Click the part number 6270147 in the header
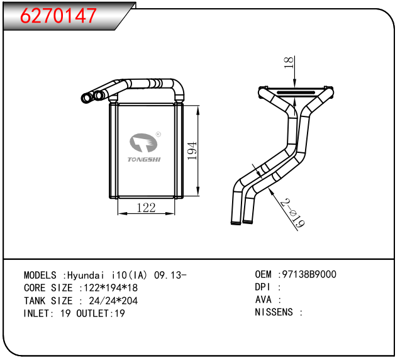pos(59,16)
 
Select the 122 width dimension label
pos(146,208)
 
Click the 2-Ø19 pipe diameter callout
pos(291,214)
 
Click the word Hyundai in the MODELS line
pos(87,276)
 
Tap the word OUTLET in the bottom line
pos(93,313)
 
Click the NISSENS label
pos(275,312)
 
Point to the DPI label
pos(262,287)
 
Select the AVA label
pos(262,300)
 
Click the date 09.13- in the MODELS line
pos(170,276)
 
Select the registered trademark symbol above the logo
pos(158,134)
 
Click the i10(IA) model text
pos(130,276)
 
